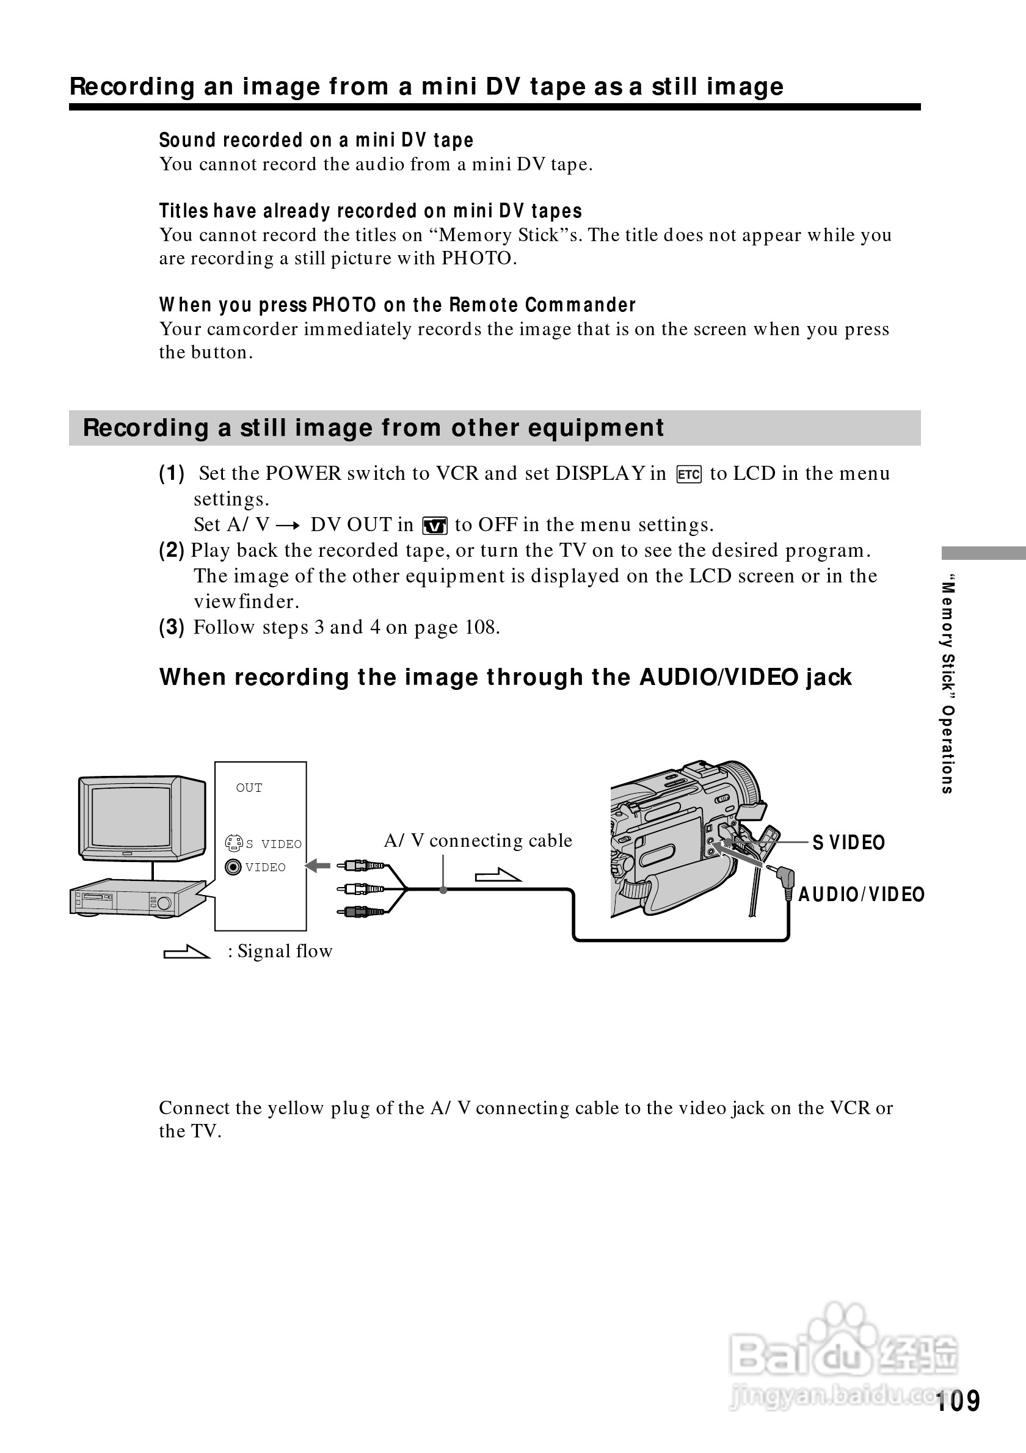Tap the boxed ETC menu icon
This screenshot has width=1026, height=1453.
[689, 474]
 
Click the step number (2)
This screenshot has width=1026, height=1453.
[171, 550]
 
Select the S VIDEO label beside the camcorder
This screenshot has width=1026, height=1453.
[848, 842]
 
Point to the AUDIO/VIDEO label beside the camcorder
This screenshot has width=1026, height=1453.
[861, 894]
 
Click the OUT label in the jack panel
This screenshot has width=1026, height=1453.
[249, 788]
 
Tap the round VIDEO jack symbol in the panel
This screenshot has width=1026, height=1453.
[233, 867]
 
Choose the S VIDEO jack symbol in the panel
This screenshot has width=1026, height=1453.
[233, 843]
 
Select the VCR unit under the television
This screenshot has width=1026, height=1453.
[133, 898]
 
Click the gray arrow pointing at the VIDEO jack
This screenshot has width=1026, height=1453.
[318, 865]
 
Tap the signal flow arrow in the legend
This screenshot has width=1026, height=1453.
[186, 952]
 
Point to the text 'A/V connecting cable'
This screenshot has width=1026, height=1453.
[478, 841]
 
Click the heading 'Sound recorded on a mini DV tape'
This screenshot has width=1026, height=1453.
[316, 140]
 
